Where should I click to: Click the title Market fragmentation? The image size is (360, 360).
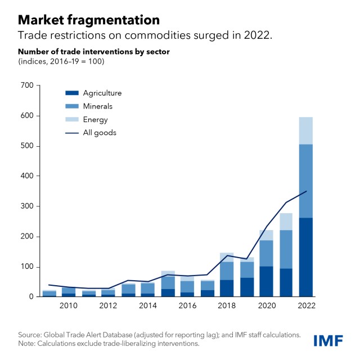click(88, 20)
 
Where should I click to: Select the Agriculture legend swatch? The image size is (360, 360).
click(71, 93)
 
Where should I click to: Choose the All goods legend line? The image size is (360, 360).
click(71, 133)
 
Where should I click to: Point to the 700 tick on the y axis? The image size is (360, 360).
click(27, 85)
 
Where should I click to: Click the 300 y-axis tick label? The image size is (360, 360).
click(27, 206)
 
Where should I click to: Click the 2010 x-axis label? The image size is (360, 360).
click(68, 305)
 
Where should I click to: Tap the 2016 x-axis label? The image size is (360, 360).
click(187, 305)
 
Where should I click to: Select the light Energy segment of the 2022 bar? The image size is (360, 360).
click(307, 130)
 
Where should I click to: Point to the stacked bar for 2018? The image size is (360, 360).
click(227, 276)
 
